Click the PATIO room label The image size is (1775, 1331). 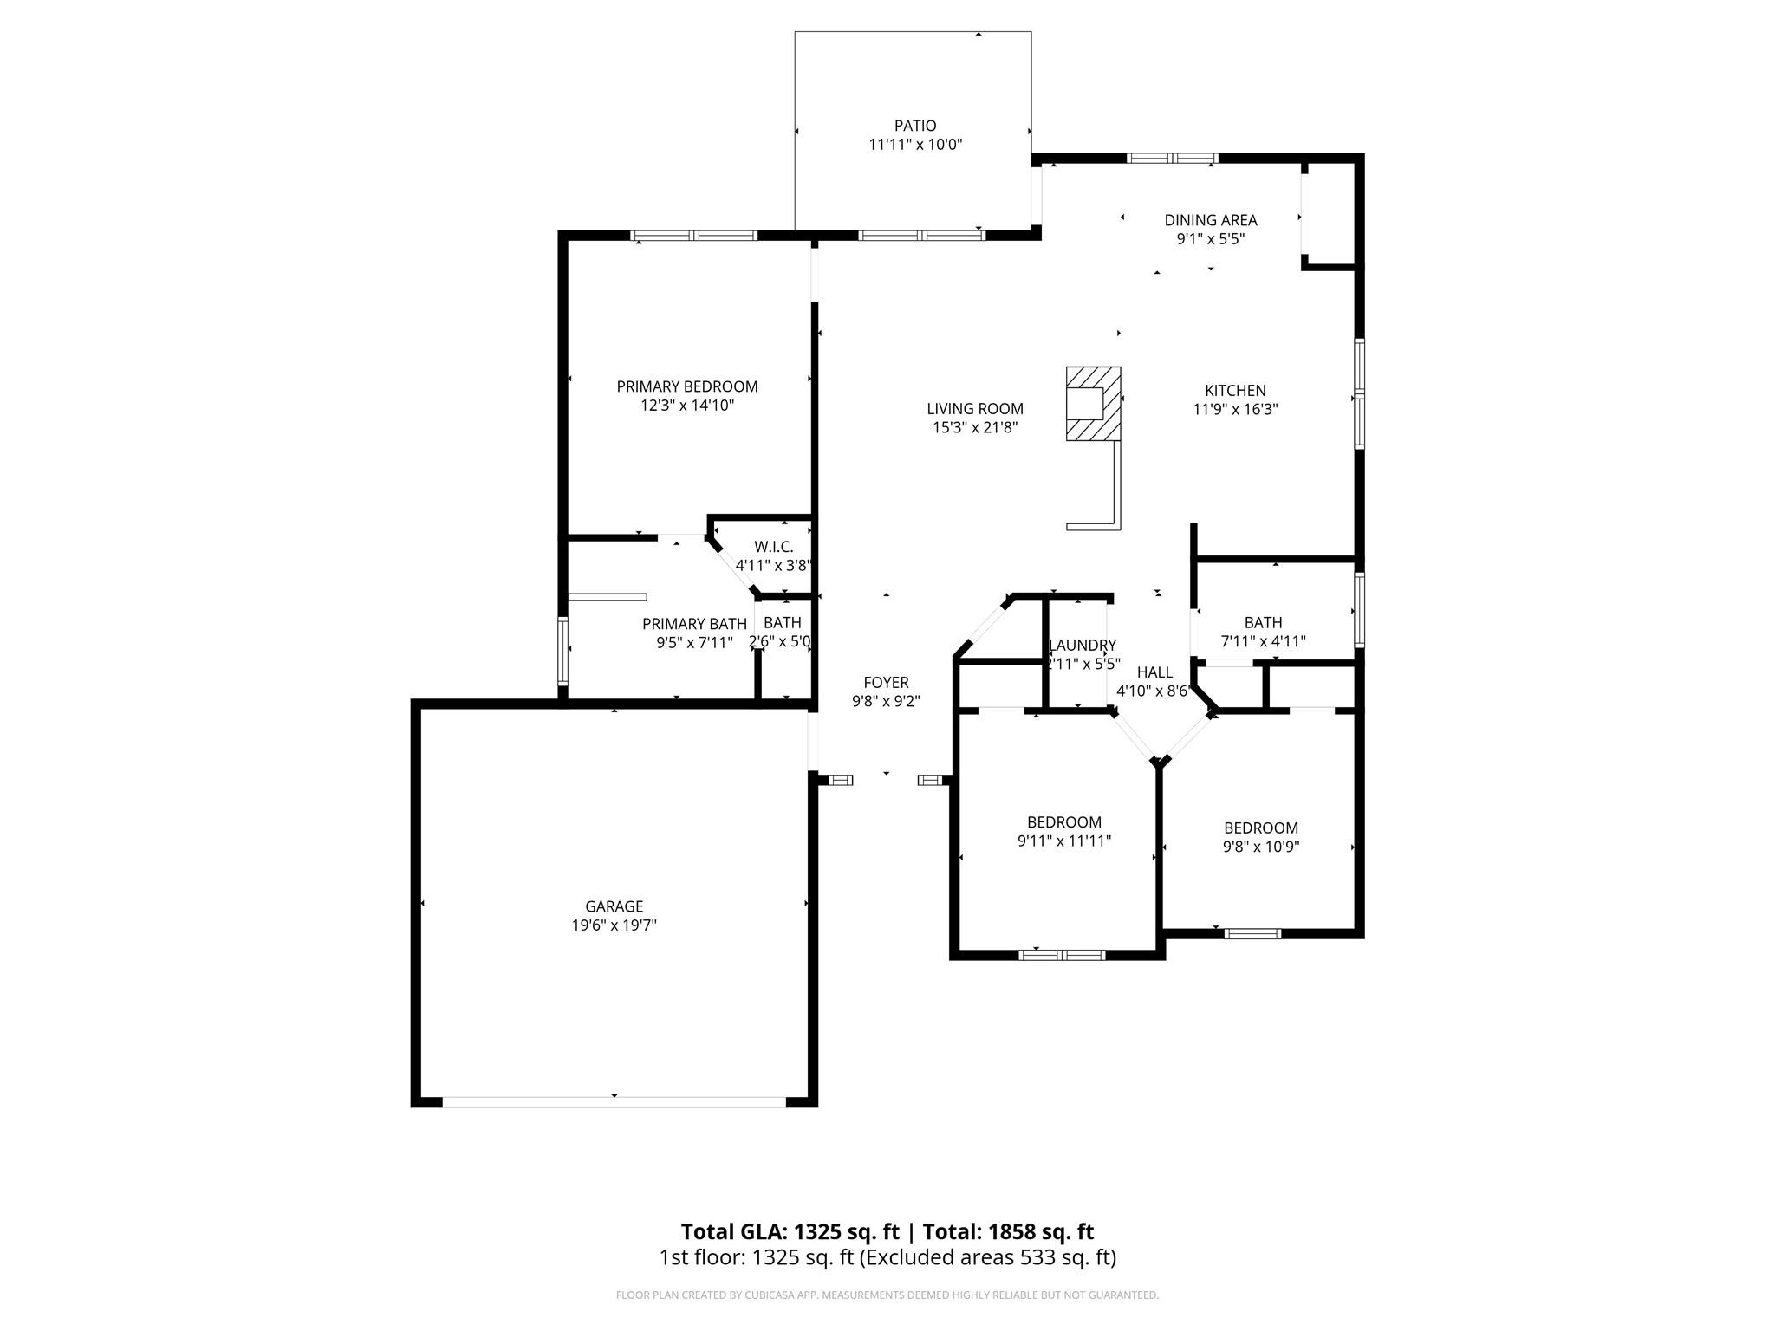(x=915, y=126)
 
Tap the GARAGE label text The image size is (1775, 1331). (x=614, y=906)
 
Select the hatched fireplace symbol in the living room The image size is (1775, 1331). (x=1093, y=404)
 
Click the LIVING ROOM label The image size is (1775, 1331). (x=975, y=409)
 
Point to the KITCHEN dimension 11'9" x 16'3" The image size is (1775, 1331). (x=1235, y=410)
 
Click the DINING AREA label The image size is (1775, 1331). (x=1211, y=220)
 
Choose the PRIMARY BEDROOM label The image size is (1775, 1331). (x=687, y=386)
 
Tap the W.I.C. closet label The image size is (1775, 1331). (x=774, y=547)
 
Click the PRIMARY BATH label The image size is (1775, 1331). (x=694, y=624)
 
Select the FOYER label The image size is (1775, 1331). (x=886, y=683)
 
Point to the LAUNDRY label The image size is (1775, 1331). (x=1083, y=646)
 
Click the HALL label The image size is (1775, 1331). (x=1154, y=672)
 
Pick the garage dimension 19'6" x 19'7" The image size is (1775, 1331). (x=614, y=925)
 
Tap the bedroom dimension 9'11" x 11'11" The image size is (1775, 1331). (x=1064, y=841)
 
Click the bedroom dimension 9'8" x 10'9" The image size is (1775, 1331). (x=1261, y=847)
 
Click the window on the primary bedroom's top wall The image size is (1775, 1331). (x=694, y=236)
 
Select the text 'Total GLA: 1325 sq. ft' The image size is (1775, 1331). (x=790, y=1231)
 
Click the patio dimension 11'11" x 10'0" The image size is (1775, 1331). (x=915, y=145)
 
